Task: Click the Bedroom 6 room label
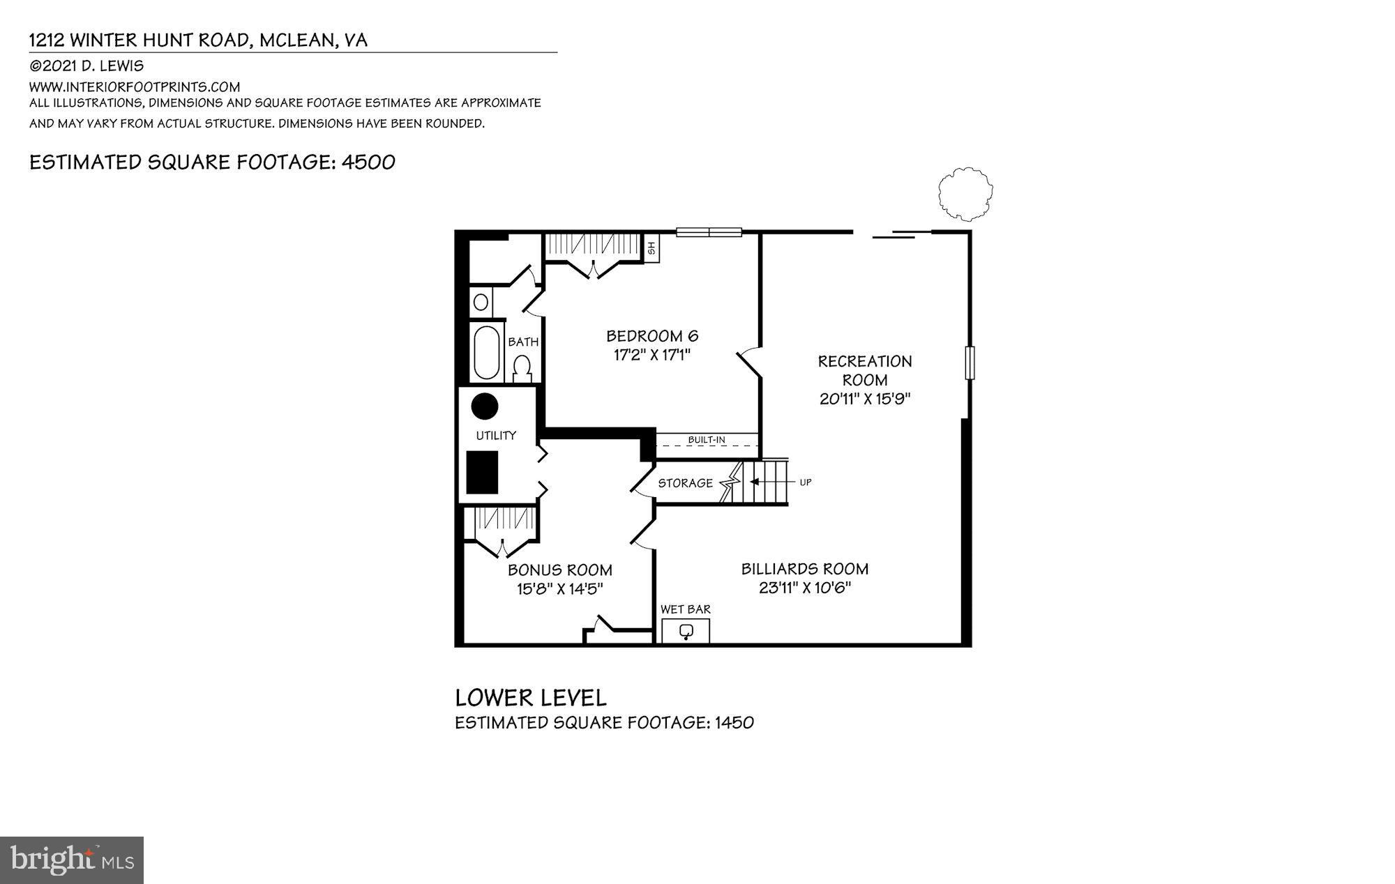651,336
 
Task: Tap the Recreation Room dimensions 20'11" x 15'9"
865,399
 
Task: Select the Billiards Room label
804,569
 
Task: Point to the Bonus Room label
559,570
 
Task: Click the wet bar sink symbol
686,632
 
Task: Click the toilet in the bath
522,368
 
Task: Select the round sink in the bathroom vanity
481,303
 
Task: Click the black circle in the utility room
485,406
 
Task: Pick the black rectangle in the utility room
482,472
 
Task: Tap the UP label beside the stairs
806,482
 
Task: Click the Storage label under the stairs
685,483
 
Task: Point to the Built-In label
707,440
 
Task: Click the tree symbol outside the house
965,192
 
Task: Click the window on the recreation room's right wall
970,363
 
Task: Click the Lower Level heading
531,698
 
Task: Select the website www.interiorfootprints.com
135,87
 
